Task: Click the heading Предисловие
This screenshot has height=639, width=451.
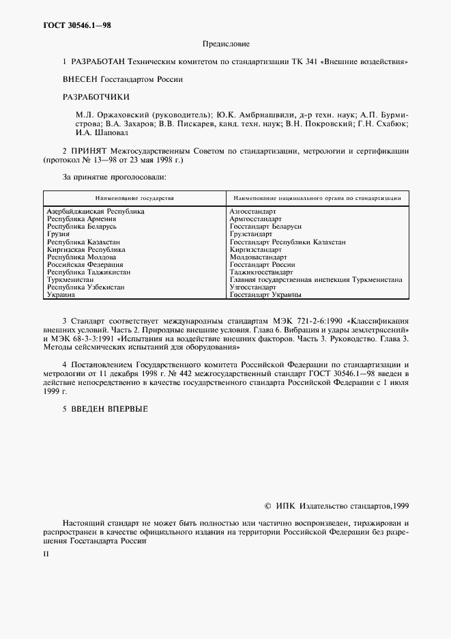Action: coord(227,44)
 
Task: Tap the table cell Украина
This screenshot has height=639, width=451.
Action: coord(61,295)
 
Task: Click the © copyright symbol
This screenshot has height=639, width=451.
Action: coord(267,507)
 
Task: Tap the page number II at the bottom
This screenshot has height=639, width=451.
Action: coord(46,554)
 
